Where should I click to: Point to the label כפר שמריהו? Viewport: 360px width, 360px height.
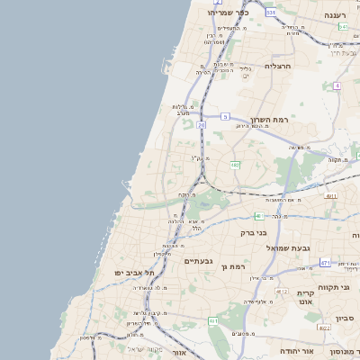(227, 13)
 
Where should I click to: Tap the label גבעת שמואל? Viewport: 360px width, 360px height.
(287, 247)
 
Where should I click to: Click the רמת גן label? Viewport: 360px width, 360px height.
(238, 266)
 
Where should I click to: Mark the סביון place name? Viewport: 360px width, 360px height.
(346, 318)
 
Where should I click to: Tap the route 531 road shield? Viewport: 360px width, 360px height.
(271, 13)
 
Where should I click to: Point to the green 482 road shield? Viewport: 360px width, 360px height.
(235, 165)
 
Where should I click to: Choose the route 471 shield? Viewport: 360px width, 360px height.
(325, 263)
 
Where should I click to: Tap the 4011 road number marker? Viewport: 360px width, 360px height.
(331, 195)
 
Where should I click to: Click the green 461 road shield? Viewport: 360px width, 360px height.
(213, 320)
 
